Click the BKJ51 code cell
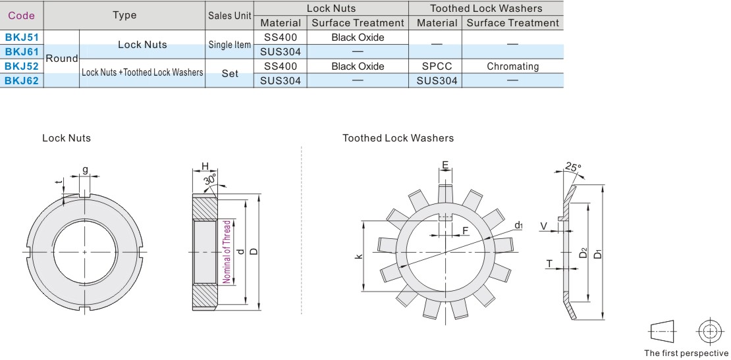(22, 38)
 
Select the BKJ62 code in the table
(22, 81)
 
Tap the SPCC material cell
(437, 66)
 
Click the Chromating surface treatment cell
(512, 66)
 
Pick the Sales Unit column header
(230, 15)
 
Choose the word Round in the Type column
(61, 59)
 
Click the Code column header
(22, 15)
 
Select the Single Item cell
(230, 45)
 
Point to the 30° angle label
(211, 180)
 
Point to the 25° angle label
(573, 167)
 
